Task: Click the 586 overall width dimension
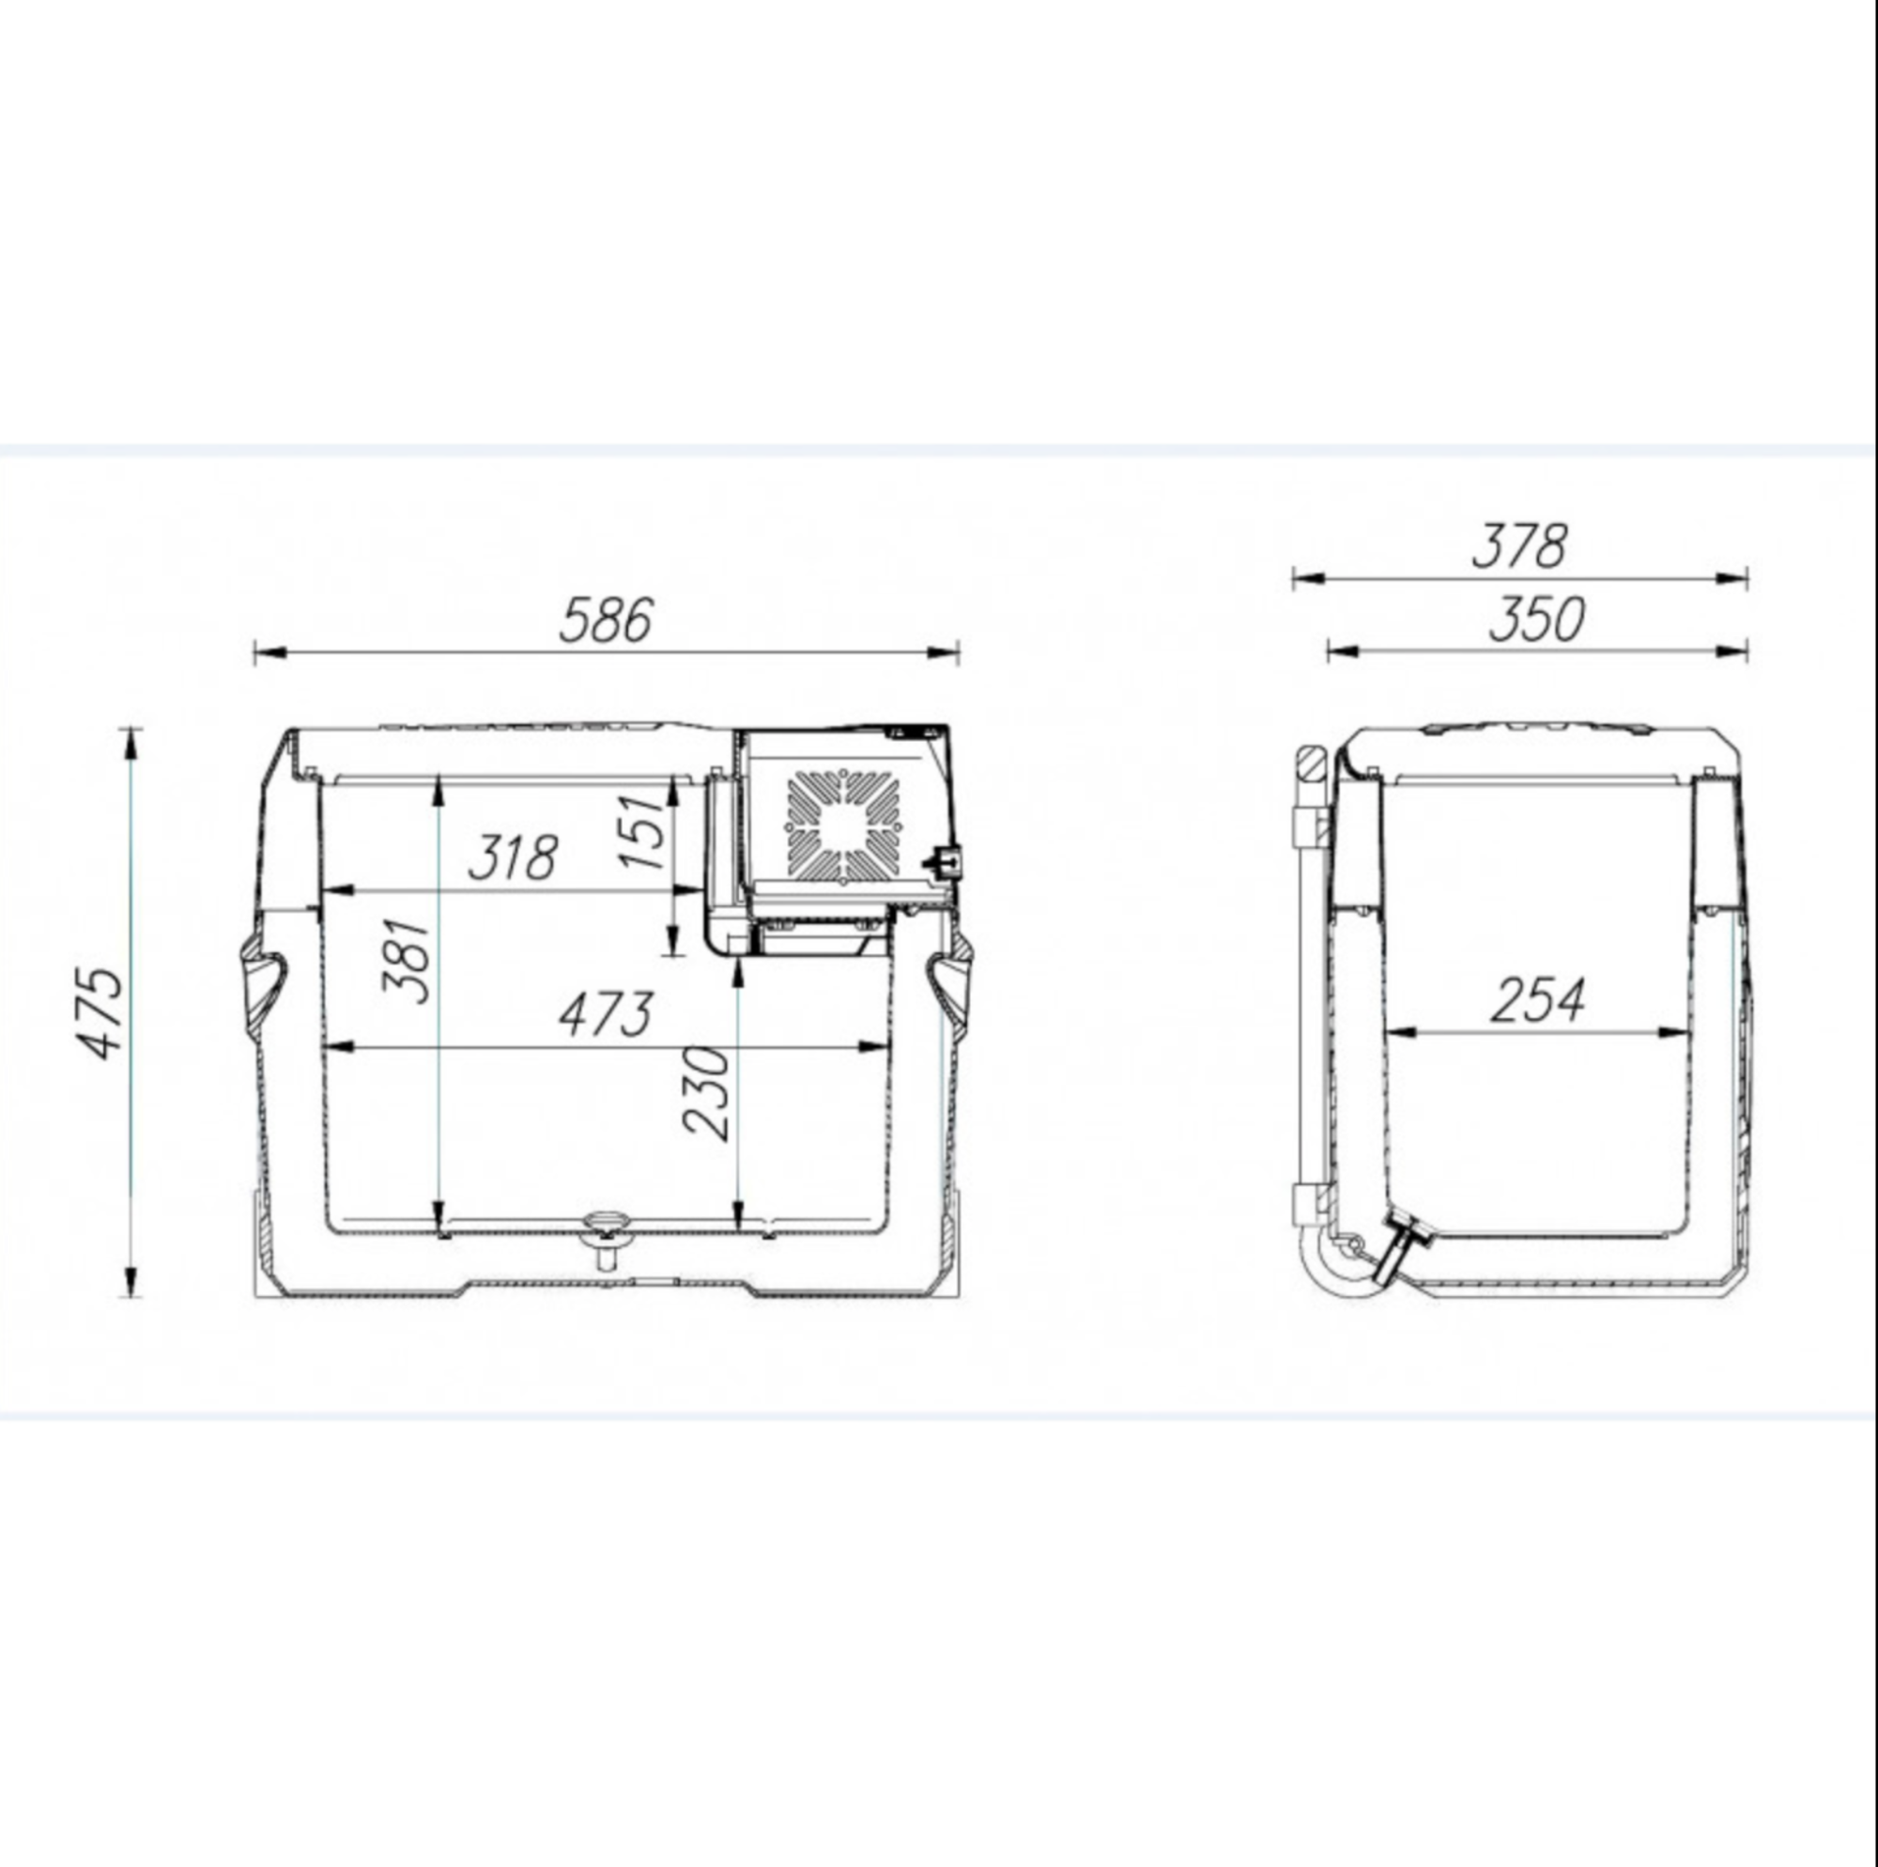606,621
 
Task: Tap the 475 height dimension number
101,1012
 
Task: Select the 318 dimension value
514,856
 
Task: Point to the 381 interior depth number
406,961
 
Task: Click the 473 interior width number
605,1015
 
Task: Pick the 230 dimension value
707,1091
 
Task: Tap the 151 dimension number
642,831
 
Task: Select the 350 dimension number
1537,620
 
